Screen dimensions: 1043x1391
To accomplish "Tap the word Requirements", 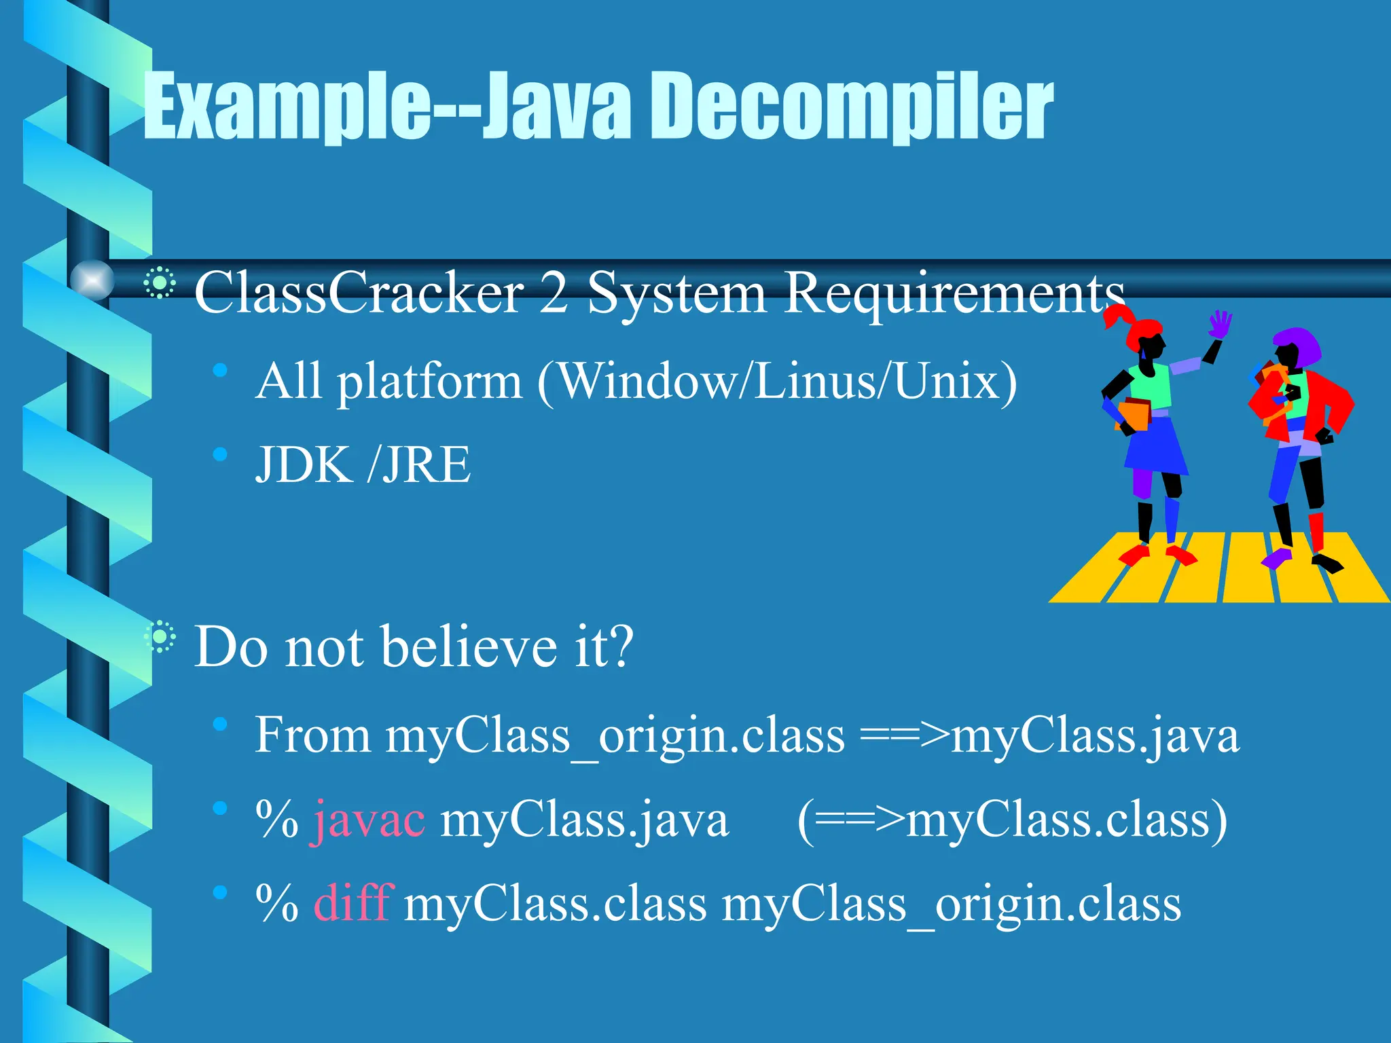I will tap(954, 293).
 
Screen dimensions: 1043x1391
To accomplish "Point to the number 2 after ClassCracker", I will tap(554, 293).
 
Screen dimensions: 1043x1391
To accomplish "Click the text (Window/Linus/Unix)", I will tap(777, 382).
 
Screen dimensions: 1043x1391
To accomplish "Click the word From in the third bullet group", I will tap(312, 735).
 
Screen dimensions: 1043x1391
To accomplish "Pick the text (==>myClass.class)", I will tap(1012, 820).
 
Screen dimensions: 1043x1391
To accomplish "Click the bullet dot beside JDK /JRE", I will tap(219, 454).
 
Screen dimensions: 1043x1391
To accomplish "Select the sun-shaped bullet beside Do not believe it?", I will tap(160, 637).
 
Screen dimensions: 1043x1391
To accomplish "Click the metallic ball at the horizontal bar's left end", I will tap(92, 279).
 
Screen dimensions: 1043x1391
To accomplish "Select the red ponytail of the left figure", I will tap(1117, 316).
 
